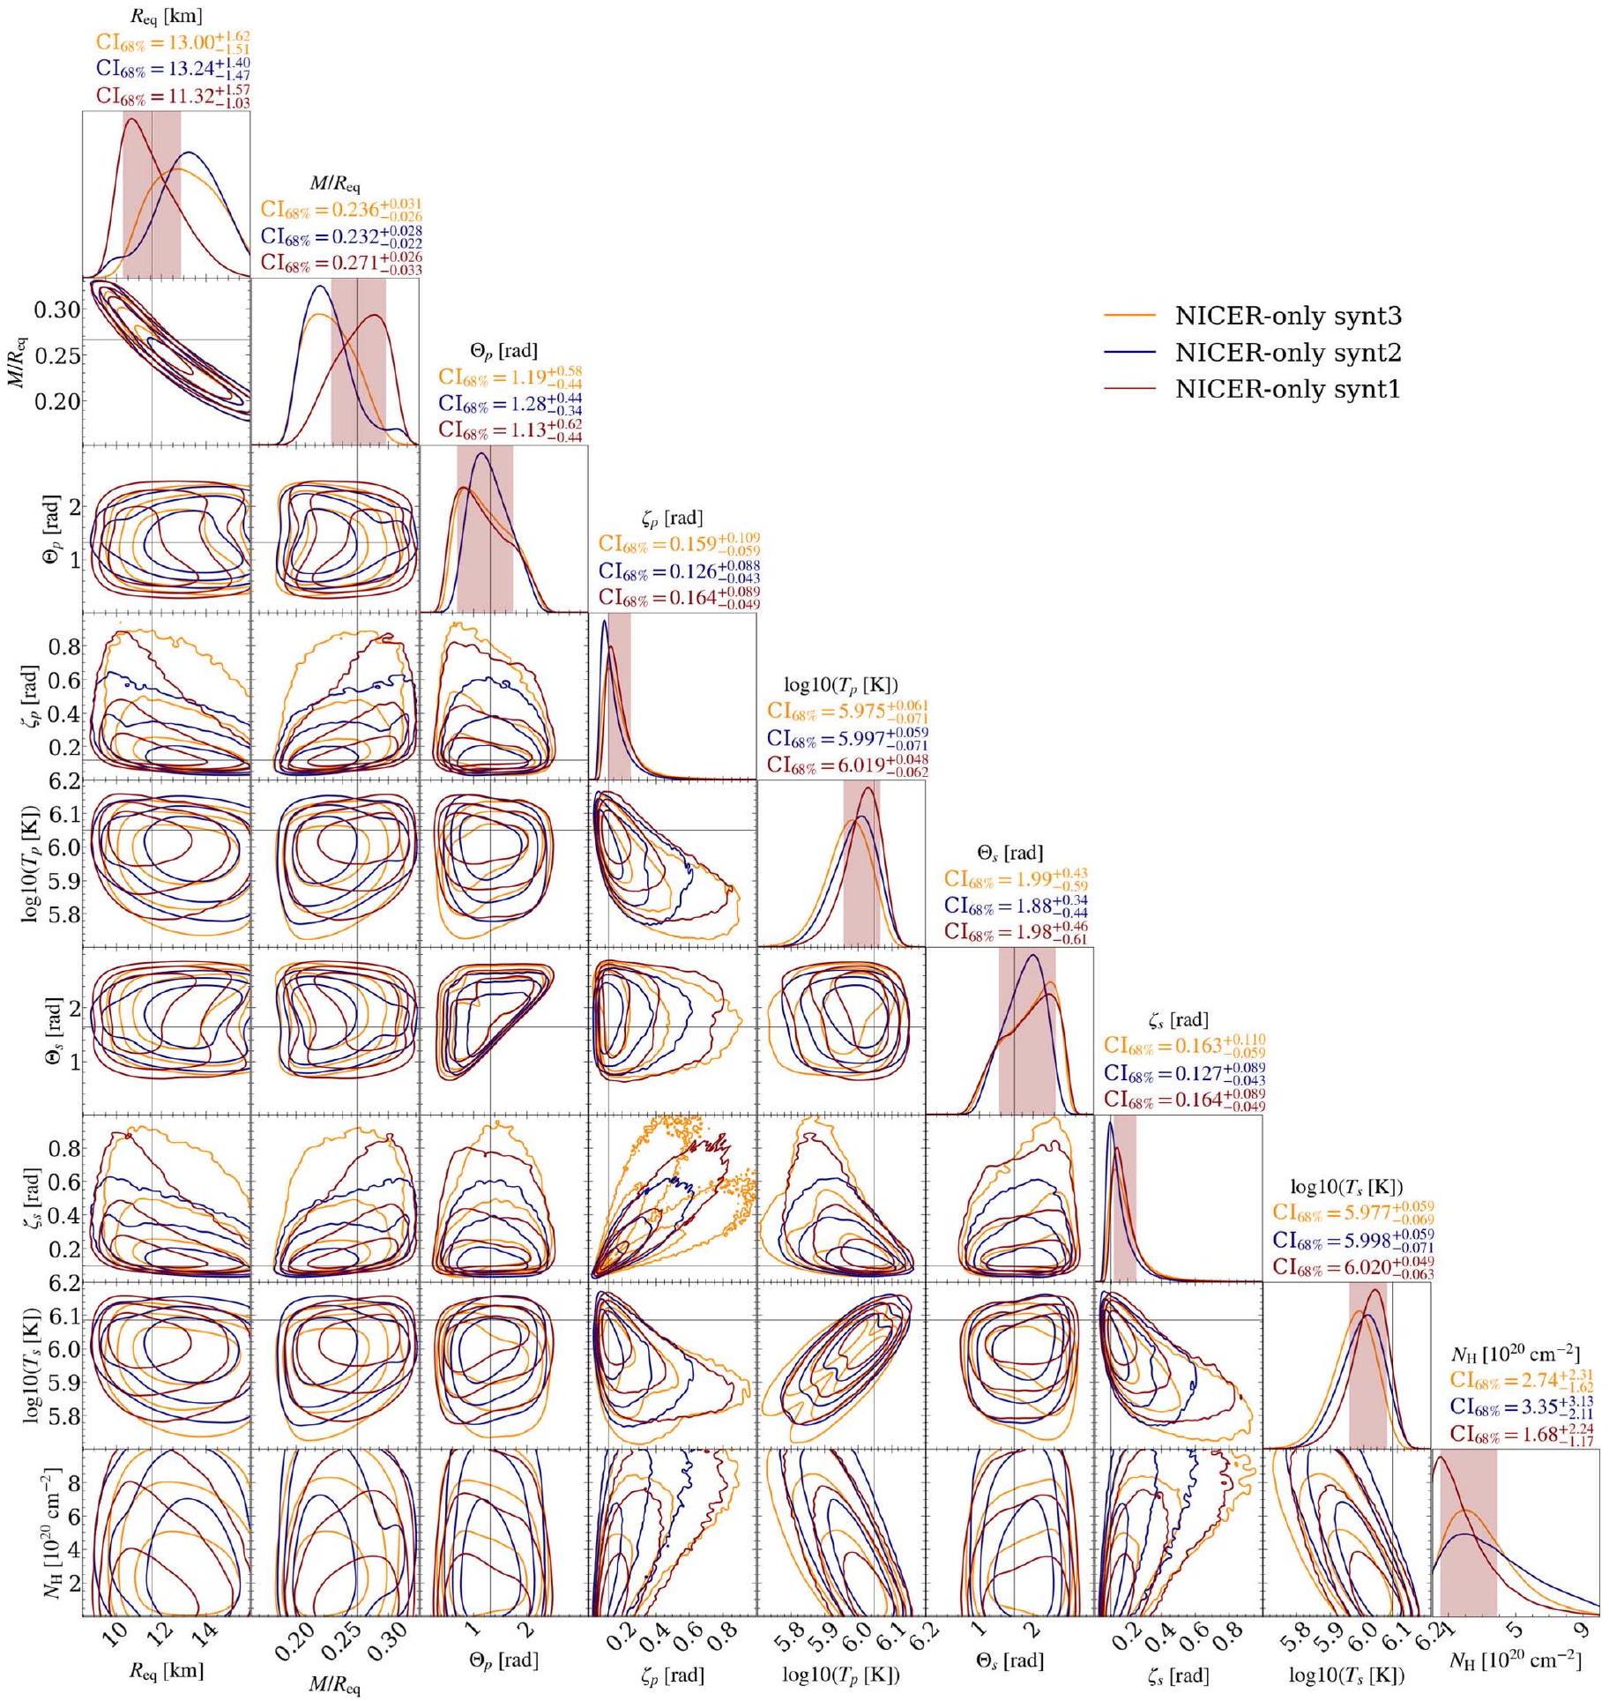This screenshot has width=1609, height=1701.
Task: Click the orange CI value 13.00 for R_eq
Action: tap(165, 41)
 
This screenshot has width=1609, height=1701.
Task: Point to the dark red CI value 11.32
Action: tap(165, 95)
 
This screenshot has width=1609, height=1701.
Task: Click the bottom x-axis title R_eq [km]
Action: tap(167, 1669)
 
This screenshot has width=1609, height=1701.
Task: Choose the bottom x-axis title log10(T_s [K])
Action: tap(1346, 1674)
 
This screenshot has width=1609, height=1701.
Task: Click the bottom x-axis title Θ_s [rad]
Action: tap(1009, 1661)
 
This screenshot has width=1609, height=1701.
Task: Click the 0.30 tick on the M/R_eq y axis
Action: tap(57, 310)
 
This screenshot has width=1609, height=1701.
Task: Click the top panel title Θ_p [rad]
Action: tap(503, 350)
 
